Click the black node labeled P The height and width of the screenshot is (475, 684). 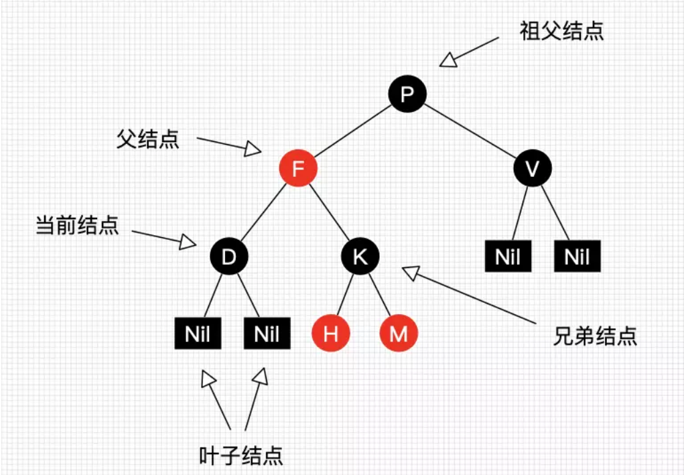click(407, 94)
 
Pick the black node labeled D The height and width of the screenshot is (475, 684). click(229, 257)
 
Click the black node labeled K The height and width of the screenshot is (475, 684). click(360, 257)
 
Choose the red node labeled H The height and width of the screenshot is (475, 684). click(330, 333)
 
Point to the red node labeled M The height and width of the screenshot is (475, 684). click(399, 333)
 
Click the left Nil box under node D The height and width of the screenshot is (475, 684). click(198, 333)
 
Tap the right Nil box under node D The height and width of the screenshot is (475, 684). click(267, 333)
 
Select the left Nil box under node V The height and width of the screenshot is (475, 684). click(508, 257)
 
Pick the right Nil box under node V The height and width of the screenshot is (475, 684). click(577, 257)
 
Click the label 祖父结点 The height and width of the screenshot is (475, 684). click(562, 31)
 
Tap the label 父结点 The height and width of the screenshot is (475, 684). click(148, 139)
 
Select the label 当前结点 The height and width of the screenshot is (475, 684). click(77, 225)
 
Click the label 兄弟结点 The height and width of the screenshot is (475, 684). click(596, 336)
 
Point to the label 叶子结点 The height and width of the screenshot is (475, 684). click(241, 456)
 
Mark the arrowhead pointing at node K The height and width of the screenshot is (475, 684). click(410, 271)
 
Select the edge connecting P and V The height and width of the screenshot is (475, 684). click(470, 132)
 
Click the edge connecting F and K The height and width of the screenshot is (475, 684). click(330, 213)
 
